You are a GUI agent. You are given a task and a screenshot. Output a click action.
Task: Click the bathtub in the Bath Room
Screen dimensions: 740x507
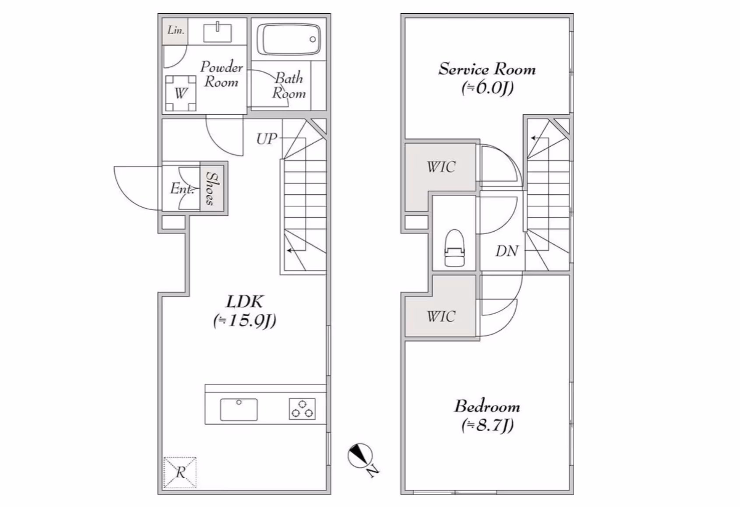(289, 39)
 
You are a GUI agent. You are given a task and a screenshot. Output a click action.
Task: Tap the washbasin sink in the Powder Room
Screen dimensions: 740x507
(218, 32)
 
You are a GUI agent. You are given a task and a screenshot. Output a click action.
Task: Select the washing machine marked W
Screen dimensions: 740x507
(180, 93)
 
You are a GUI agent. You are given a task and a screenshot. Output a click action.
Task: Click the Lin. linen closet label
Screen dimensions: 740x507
(176, 30)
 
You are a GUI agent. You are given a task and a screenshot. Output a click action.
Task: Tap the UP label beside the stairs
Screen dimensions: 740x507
(267, 139)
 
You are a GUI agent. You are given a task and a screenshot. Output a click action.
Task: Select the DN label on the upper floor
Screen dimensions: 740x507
(507, 251)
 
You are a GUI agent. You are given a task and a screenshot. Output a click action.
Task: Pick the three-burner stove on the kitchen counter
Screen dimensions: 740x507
(302, 409)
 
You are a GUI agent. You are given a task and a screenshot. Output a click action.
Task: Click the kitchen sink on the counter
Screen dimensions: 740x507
(239, 409)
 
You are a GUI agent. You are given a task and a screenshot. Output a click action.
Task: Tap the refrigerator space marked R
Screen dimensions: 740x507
(180, 472)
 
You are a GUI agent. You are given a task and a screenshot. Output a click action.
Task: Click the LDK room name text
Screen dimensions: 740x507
(245, 302)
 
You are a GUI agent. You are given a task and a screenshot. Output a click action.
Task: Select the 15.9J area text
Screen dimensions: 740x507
(245, 321)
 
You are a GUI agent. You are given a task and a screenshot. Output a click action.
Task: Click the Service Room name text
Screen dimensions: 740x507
(487, 69)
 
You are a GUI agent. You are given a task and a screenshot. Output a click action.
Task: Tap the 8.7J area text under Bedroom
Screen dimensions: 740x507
(487, 425)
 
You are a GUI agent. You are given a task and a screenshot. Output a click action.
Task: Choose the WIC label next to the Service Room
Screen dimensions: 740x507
(441, 167)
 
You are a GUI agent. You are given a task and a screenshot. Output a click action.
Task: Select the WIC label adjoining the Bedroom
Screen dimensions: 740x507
(441, 317)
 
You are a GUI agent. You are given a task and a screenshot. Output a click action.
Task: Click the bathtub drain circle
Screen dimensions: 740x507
(313, 39)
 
